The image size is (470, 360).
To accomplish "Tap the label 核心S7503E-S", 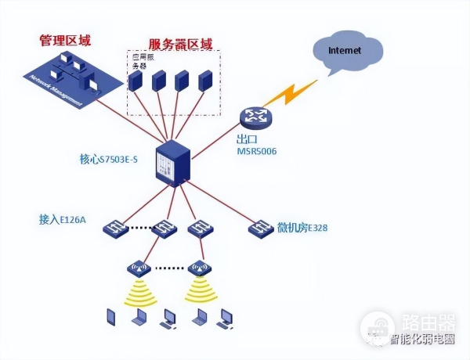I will click(x=108, y=159).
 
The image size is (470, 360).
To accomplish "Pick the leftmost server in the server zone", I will click(x=137, y=82).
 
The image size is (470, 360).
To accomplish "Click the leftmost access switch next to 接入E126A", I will click(x=117, y=229).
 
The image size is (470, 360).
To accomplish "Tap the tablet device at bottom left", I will click(x=112, y=317).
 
